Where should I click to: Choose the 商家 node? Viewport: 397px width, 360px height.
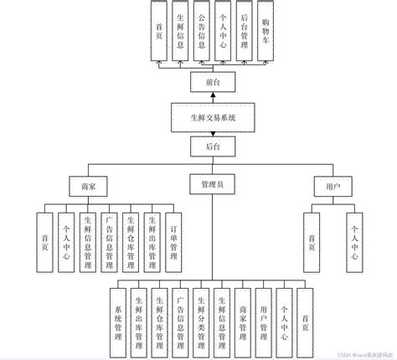(89, 188)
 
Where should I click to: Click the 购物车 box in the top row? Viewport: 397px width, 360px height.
(265, 30)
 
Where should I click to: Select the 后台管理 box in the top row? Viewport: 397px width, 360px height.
(244, 30)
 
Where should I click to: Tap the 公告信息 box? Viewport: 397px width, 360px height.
(202, 30)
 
